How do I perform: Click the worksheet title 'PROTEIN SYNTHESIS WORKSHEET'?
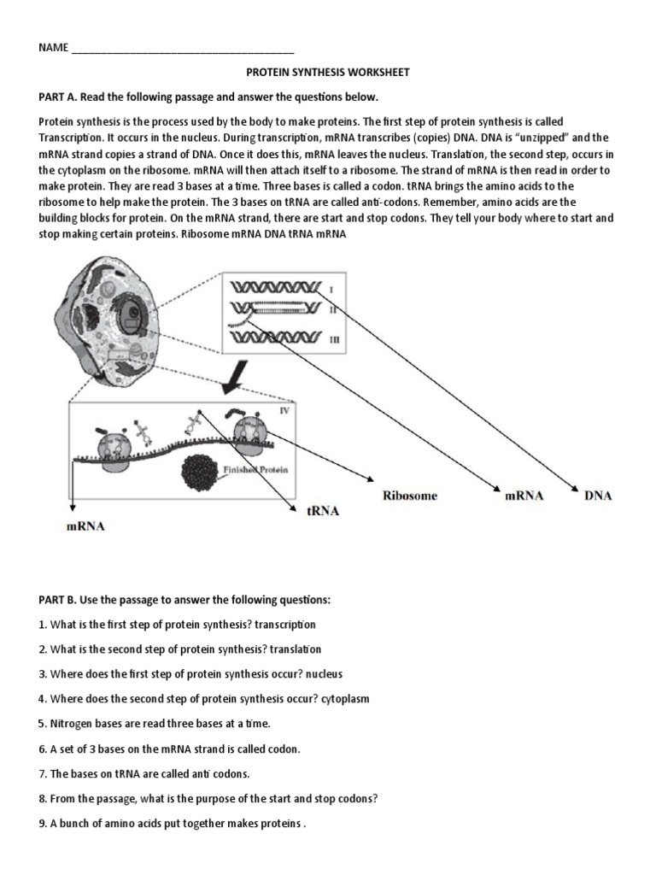click(327, 73)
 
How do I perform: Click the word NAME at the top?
click(52, 48)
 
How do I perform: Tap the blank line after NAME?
click(183, 50)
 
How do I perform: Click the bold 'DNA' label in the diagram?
click(598, 496)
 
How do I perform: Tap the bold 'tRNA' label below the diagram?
click(322, 511)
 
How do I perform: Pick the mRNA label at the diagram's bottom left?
click(85, 526)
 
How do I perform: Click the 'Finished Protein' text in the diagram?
click(257, 470)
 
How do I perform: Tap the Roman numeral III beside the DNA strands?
click(334, 339)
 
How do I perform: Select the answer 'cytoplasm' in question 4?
click(346, 699)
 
